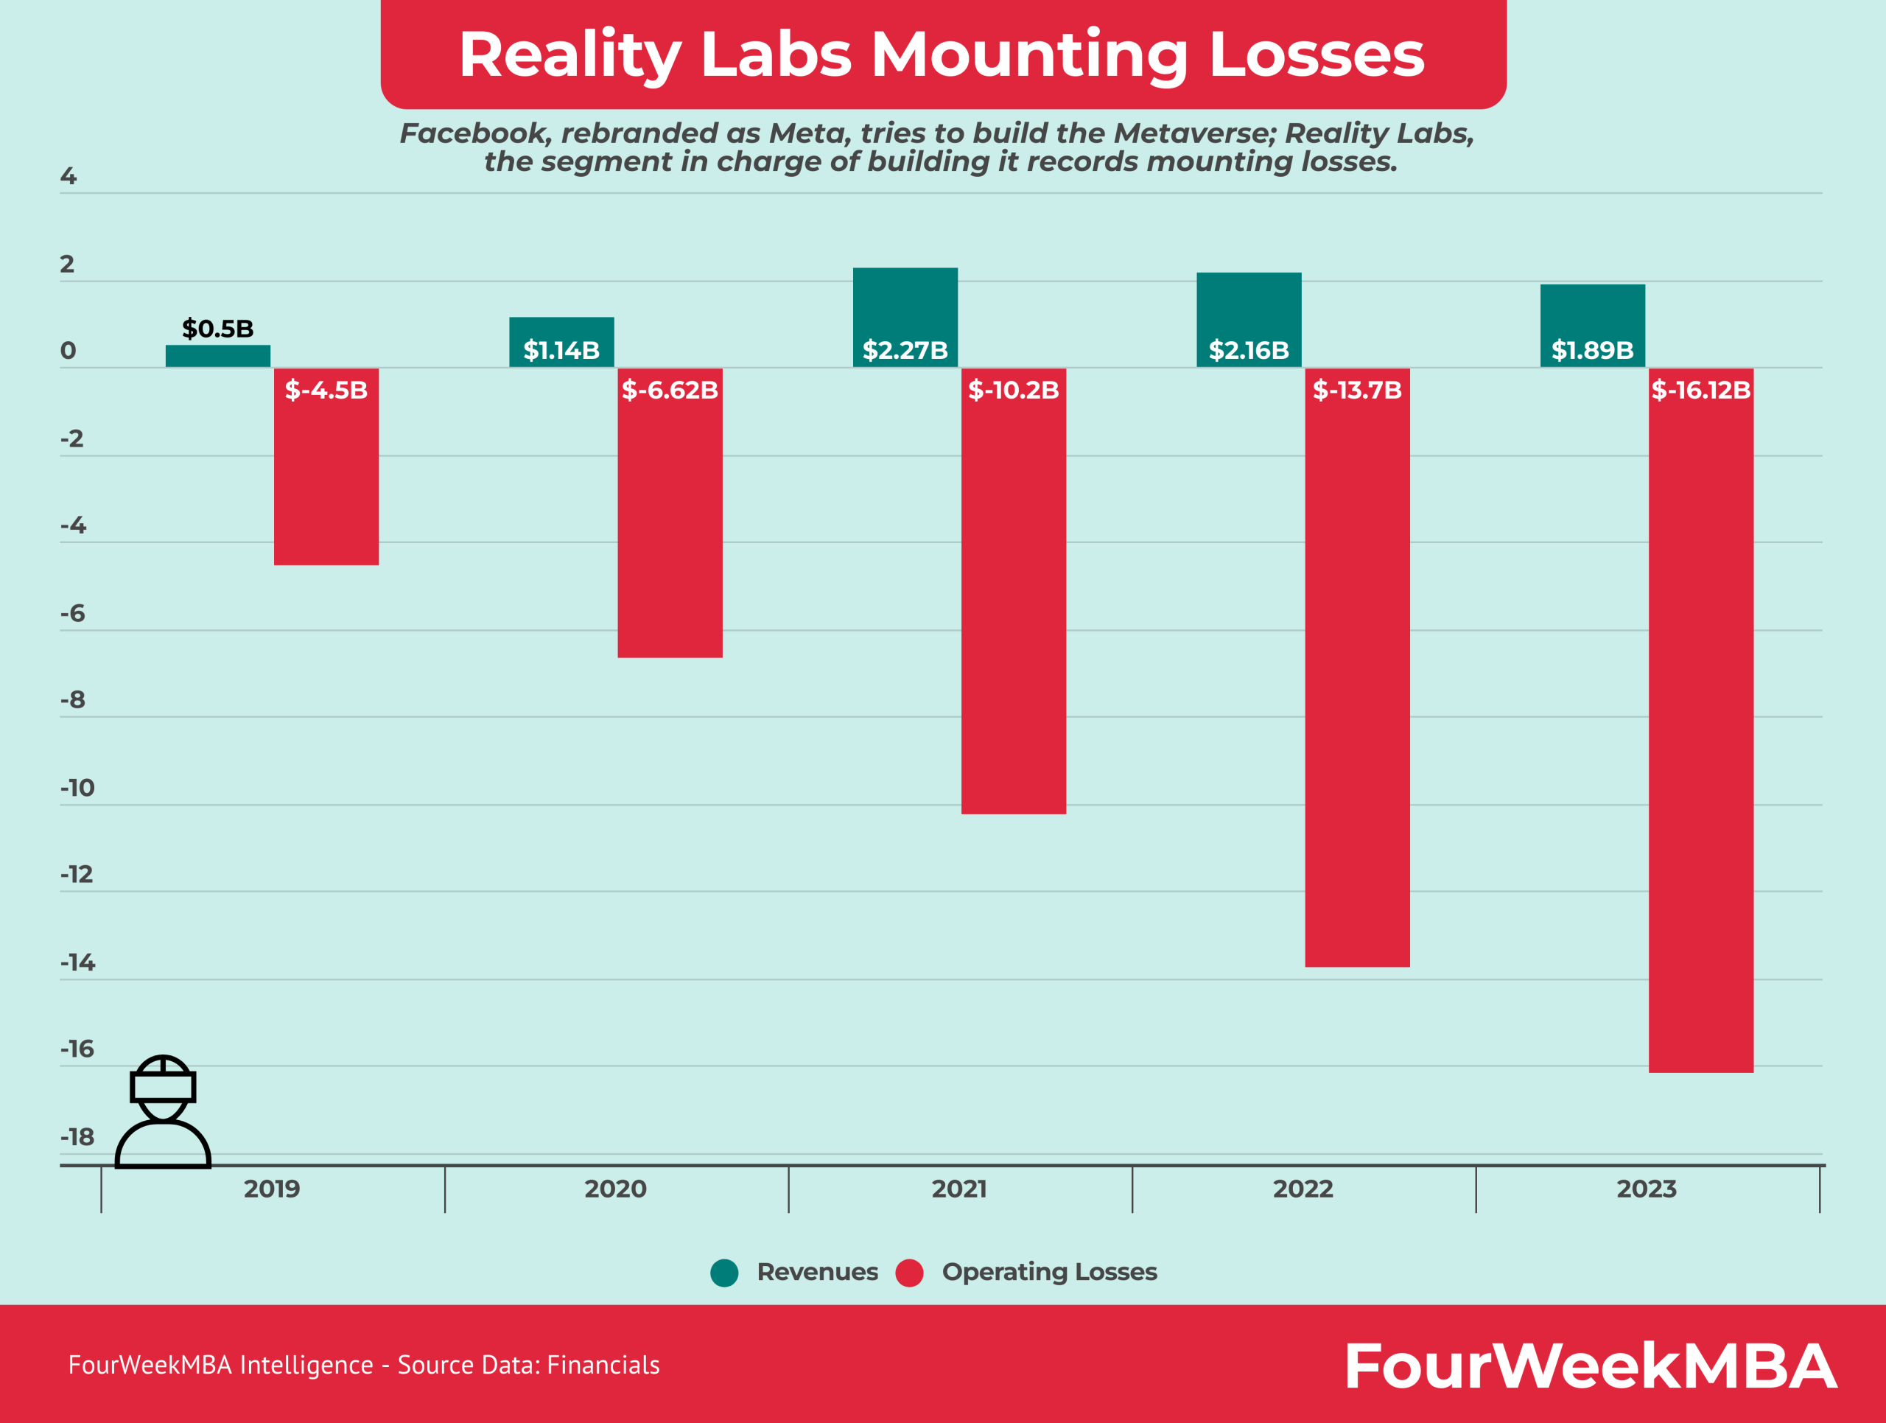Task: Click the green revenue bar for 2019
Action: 217,357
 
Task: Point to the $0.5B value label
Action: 217,329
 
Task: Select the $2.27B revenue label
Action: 905,351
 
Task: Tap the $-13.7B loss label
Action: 1356,391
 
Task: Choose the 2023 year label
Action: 1646,1189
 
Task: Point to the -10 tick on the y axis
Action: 77,788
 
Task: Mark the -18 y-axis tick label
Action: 77,1137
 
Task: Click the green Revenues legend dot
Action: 724,1273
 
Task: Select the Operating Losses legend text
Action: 1049,1272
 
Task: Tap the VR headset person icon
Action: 163,1112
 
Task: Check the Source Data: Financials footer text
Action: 529,1365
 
